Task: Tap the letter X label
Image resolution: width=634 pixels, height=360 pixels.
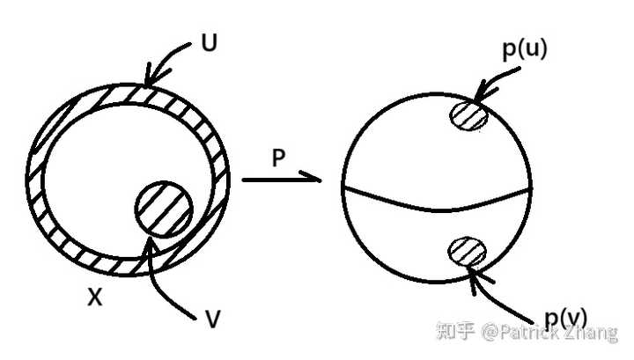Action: coord(95,298)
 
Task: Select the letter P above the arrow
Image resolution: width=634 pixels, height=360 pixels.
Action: coord(279,159)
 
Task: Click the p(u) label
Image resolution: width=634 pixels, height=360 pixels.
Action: coord(525,48)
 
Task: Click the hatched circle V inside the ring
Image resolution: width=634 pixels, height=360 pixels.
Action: coord(164,209)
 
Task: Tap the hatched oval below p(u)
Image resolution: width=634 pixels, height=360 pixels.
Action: coord(468,114)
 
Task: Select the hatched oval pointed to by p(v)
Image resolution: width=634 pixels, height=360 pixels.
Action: coord(467,252)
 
